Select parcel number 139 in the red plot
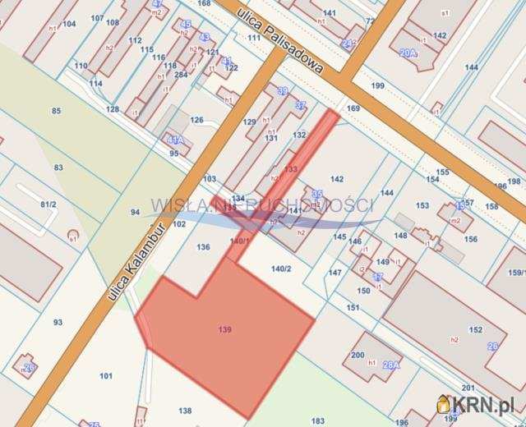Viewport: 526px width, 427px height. point(225,330)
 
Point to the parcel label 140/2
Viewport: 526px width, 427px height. point(282,269)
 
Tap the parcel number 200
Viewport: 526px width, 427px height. point(358,355)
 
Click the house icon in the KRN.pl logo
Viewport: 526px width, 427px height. point(444,404)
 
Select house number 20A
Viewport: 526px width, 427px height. point(408,53)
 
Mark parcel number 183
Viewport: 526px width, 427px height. point(318,420)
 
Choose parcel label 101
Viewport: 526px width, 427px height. point(106,376)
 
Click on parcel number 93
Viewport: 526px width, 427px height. point(58,322)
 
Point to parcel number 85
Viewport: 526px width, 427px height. point(56,111)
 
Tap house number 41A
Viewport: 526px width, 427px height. point(173,140)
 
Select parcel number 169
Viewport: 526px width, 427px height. point(353,108)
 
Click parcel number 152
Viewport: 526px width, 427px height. point(475,329)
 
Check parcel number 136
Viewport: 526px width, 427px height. point(204,247)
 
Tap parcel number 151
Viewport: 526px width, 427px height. point(353,308)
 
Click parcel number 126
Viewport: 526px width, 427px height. point(196,121)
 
